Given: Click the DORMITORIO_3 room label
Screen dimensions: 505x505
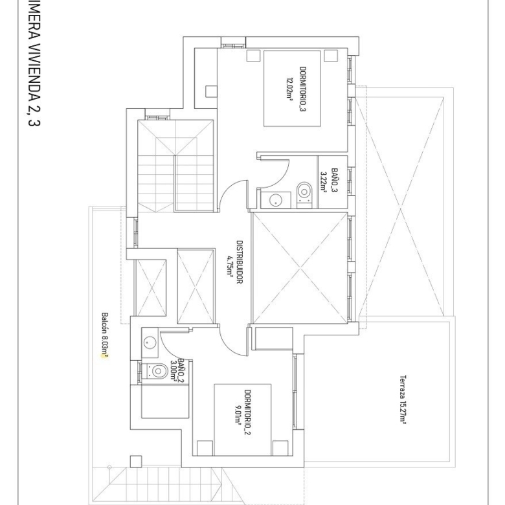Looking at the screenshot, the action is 303,89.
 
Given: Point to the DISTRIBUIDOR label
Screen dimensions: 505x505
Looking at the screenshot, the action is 240,262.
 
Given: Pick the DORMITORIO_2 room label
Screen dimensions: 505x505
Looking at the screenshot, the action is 247,412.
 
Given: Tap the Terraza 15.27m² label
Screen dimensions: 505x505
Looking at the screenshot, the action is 403,399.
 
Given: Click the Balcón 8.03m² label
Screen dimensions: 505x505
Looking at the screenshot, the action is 105,335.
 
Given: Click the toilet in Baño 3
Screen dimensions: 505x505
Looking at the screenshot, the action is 304,195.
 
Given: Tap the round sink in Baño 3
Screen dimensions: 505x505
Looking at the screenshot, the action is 275,200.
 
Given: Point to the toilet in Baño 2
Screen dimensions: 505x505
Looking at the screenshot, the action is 155,371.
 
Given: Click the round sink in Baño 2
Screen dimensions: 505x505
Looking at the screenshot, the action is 150,342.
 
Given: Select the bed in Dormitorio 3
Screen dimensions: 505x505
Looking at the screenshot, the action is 292,88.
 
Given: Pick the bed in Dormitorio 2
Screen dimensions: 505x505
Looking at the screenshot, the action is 243,420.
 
